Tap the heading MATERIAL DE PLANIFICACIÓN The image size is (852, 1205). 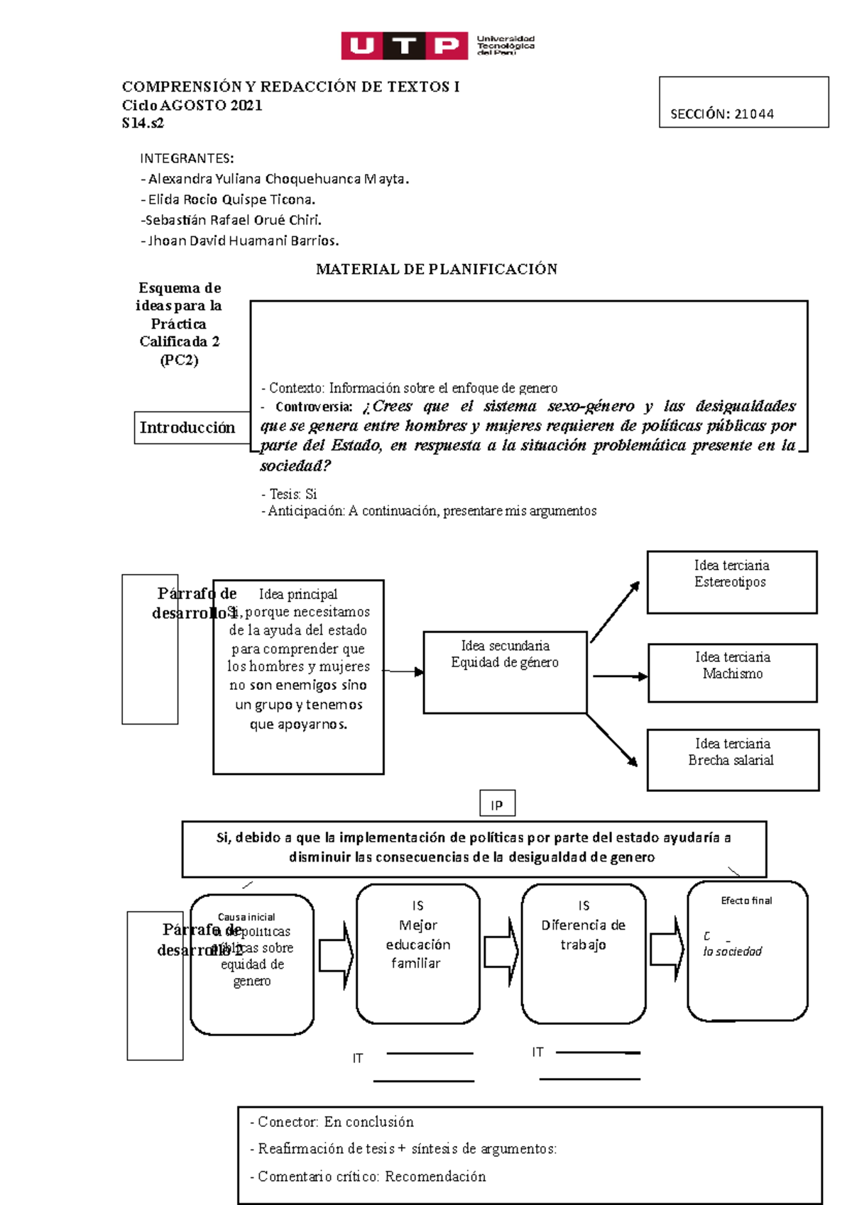click(x=436, y=269)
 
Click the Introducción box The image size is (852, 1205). click(x=188, y=428)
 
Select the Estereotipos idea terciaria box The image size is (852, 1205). click(x=731, y=582)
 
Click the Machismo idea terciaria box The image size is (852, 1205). click(x=732, y=673)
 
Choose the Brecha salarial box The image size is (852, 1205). click(x=732, y=760)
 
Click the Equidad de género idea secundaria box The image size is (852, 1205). click(x=505, y=671)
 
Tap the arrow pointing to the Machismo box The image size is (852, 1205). click(x=619, y=676)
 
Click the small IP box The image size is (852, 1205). click(x=497, y=805)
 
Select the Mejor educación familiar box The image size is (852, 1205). click(x=417, y=953)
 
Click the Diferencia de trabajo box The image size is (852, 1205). click(x=583, y=953)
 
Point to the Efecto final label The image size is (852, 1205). click(x=746, y=901)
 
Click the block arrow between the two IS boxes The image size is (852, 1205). click(x=501, y=952)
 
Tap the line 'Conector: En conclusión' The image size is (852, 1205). click(x=332, y=1122)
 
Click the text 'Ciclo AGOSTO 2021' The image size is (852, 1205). click(x=192, y=106)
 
